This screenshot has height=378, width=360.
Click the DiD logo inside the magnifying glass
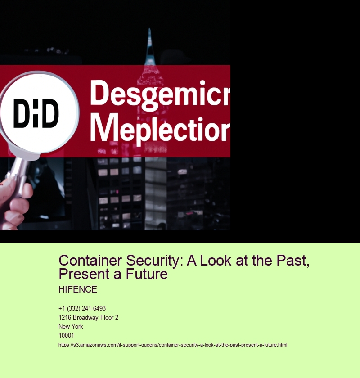(x=36, y=113)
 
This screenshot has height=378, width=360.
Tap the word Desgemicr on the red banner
(x=160, y=95)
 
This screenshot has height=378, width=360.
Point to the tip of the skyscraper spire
(x=149, y=29)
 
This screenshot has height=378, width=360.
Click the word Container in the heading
(x=90, y=261)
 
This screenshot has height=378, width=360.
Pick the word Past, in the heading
(x=293, y=261)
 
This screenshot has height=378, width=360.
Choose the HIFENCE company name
(x=78, y=289)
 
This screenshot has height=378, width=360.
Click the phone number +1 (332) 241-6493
(x=82, y=308)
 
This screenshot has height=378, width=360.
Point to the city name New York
(x=71, y=326)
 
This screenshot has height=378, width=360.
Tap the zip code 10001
(x=66, y=335)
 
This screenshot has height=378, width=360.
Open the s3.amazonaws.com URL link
(x=173, y=345)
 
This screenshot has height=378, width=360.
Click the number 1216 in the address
(x=65, y=318)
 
